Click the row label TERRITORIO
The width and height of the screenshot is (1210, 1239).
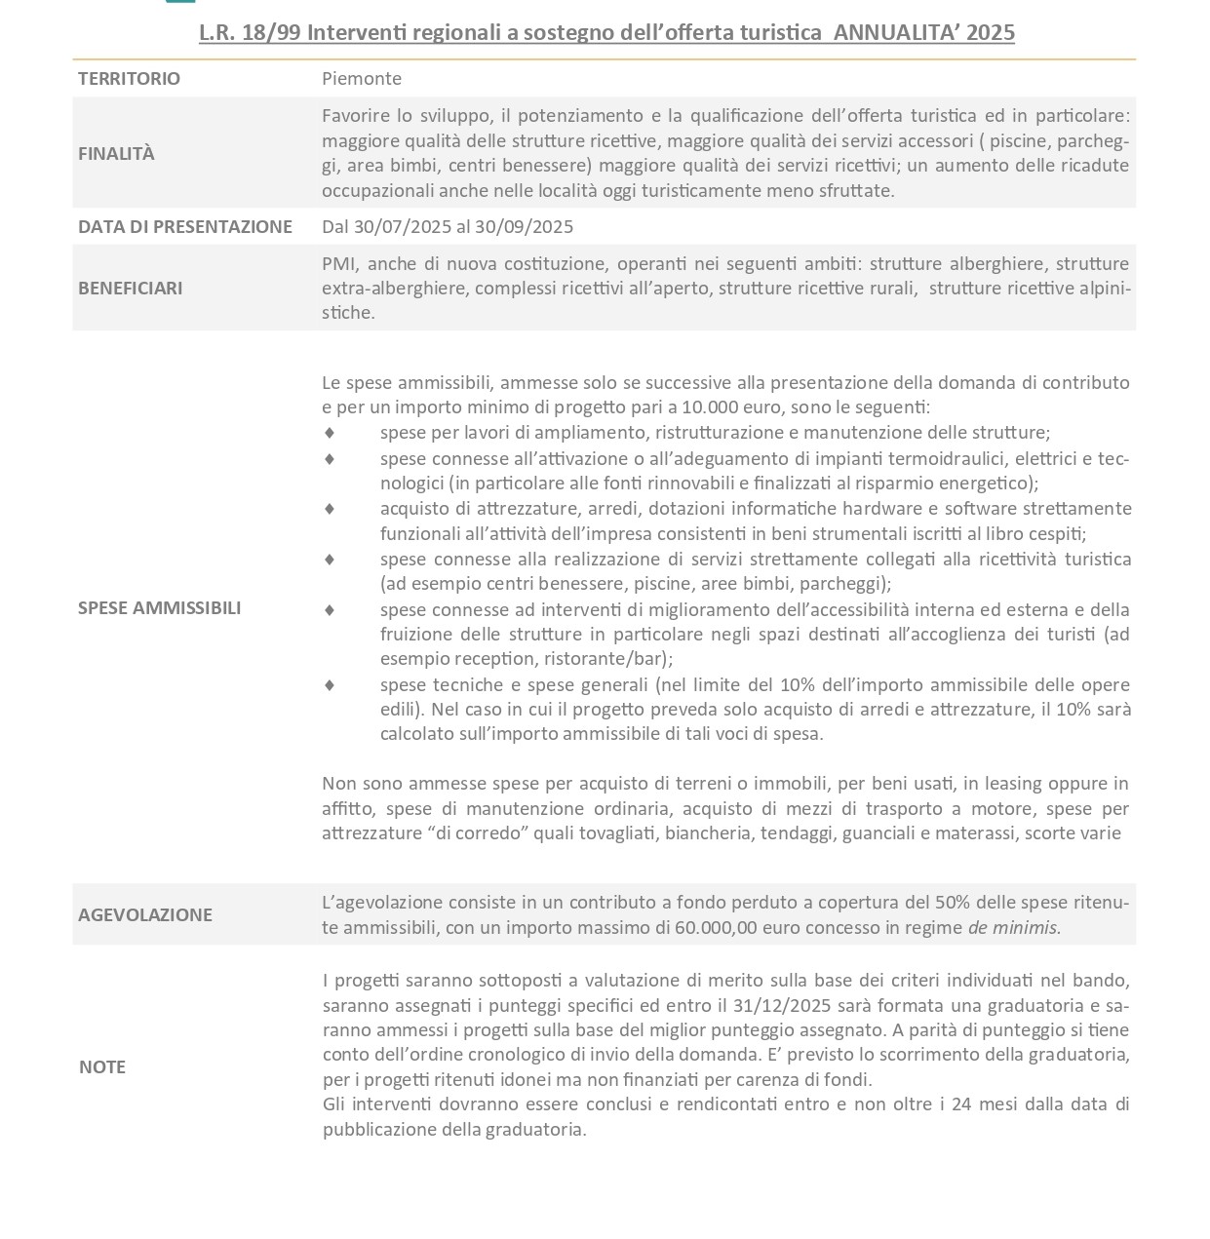pyautogui.click(x=129, y=79)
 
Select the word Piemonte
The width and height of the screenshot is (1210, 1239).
pyautogui.click(x=362, y=79)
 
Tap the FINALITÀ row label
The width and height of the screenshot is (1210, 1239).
pyautogui.click(x=116, y=153)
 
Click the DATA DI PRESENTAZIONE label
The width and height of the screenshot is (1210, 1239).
pyautogui.click(x=185, y=227)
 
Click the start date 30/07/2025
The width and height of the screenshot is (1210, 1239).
pyautogui.click(x=403, y=227)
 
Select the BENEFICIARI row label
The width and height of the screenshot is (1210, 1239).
pyautogui.click(x=130, y=288)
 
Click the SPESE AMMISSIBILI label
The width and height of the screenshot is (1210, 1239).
pyautogui.click(x=159, y=608)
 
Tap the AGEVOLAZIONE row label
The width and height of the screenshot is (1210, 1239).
pyautogui.click(x=145, y=914)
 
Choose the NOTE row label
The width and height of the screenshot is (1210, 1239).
pyautogui.click(x=102, y=1066)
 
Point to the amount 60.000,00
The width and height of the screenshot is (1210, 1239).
pyautogui.click(x=716, y=928)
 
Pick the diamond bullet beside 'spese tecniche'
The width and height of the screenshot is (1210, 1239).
pyautogui.click(x=330, y=685)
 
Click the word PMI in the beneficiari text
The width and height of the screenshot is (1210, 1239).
pyautogui.click(x=337, y=264)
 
